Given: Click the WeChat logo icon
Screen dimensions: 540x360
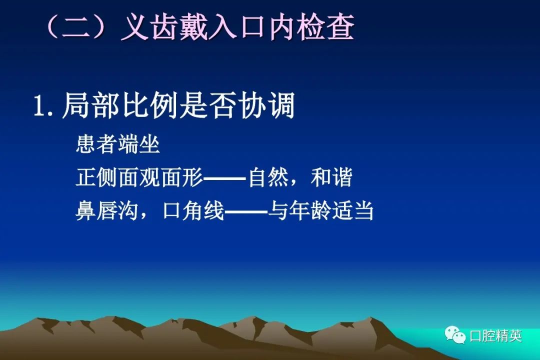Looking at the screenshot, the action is (455, 335).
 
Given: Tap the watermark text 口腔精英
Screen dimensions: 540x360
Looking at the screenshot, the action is (495, 336).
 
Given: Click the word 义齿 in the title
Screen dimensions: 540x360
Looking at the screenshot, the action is (149, 27).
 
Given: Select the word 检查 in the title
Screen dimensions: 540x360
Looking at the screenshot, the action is (325, 27).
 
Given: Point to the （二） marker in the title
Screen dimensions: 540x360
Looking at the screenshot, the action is (76, 27).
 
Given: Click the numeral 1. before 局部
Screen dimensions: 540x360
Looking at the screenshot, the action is (43, 106).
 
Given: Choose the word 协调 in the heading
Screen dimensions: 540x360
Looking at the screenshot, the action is (266, 106).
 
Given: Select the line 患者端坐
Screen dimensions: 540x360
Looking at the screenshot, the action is (118, 143).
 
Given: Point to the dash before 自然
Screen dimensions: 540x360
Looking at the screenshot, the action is (225, 178).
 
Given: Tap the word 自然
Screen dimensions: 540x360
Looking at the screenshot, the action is (268, 177).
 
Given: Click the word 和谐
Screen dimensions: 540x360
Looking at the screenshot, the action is (331, 177).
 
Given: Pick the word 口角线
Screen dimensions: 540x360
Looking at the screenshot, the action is (193, 210).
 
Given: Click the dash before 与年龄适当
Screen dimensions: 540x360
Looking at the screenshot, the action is (246, 211).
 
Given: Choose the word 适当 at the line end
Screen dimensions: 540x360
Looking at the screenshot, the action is (352, 210).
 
